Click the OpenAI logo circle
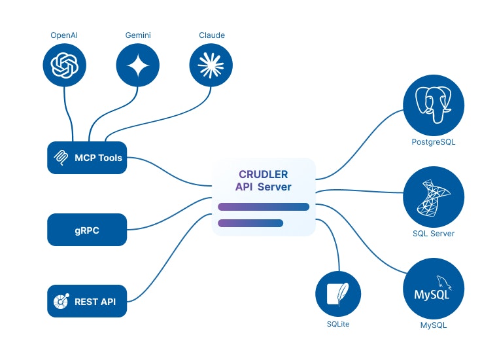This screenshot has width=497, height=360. (x=65, y=65)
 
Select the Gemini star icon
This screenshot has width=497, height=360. (x=138, y=65)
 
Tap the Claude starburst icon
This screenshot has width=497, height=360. (x=211, y=65)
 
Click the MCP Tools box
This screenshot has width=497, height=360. (x=87, y=158)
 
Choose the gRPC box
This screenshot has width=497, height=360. (x=87, y=230)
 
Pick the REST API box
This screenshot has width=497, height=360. (x=87, y=301)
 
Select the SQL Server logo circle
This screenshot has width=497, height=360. (x=434, y=197)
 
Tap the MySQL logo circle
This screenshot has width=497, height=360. (x=434, y=289)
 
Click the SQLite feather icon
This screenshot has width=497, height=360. (x=338, y=293)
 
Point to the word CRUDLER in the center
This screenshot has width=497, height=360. (x=264, y=175)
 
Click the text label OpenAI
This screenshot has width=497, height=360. (x=65, y=35)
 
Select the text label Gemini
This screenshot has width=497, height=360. (x=138, y=35)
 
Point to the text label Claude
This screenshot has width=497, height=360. (x=211, y=35)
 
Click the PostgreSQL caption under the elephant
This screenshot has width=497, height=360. (x=434, y=142)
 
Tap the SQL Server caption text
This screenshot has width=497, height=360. (x=434, y=234)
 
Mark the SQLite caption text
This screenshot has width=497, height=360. (x=338, y=324)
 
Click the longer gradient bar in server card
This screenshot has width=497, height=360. (x=264, y=207)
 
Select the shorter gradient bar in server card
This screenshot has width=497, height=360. (x=250, y=223)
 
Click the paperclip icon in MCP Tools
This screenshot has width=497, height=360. (x=61, y=158)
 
